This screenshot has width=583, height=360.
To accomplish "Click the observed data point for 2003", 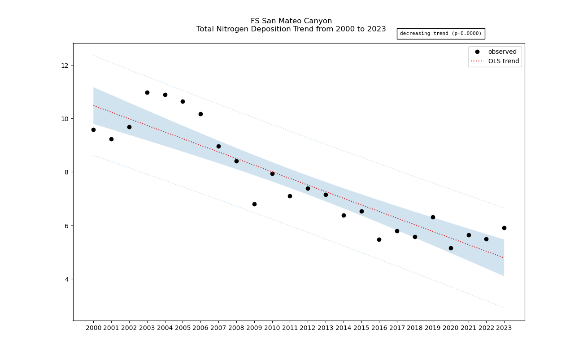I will (x=147, y=92).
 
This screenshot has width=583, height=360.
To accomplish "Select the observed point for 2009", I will (x=254, y=204).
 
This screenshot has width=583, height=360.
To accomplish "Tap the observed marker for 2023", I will (x=504, y=228).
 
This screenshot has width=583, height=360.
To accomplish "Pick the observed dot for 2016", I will (x=379, y=239).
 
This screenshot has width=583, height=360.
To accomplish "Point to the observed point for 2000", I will (x=93, y=130).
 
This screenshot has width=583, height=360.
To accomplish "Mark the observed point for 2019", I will (x=433, y=217).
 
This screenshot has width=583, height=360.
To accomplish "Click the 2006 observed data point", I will (x=200, y=114).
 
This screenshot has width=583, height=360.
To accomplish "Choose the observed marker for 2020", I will (x=451, y=248).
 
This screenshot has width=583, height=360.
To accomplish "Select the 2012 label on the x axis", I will (x=308, y=328).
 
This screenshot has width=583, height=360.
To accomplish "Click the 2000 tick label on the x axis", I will (x=93, y=328).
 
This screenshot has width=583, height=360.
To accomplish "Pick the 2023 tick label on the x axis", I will (x=504, y=328).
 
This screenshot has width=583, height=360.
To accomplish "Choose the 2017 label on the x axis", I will (x=397, y=328).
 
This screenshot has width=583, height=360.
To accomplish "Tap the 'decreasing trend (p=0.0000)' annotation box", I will (x=440, y=34).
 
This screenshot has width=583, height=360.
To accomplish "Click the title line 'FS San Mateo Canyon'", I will (x=291, y=21).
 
